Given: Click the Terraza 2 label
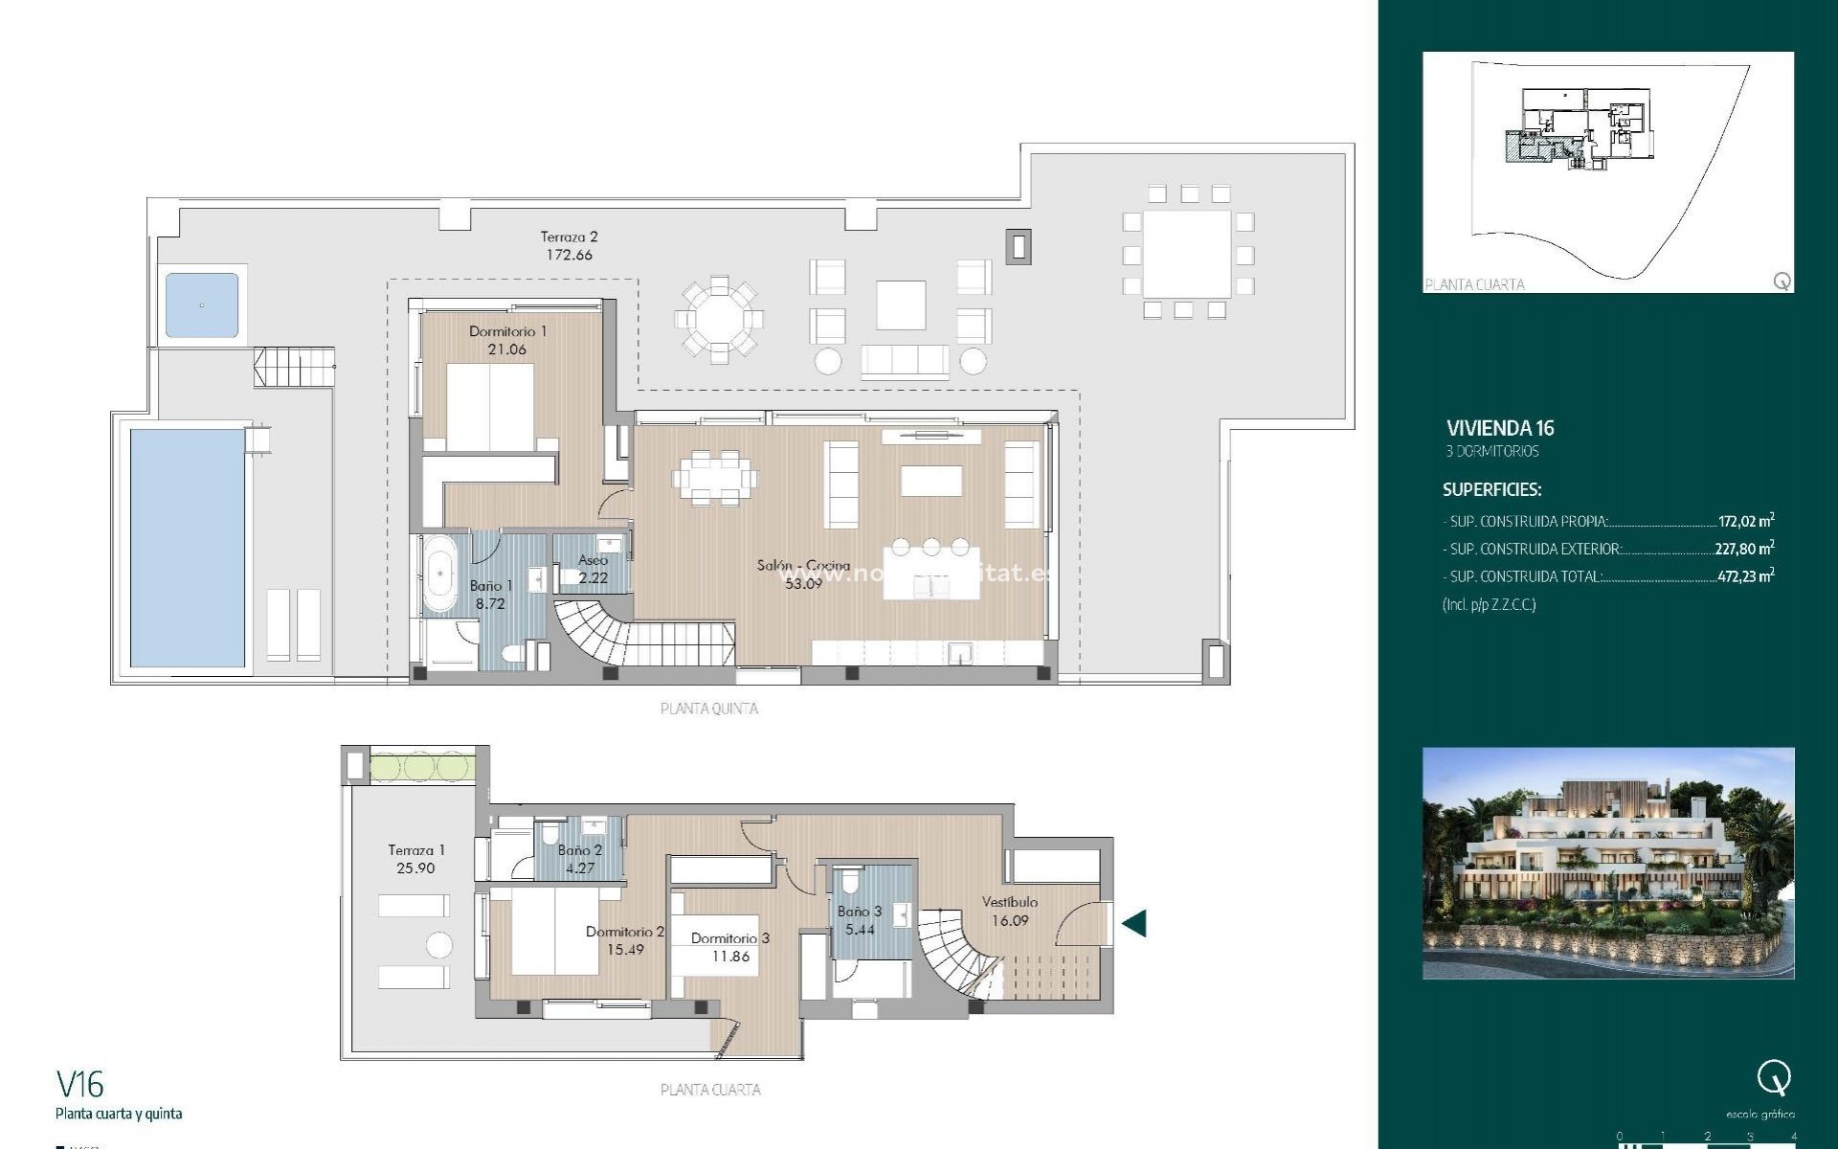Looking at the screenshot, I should click(x=569, y=245).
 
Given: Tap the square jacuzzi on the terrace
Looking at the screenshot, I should click(x=202, y=305).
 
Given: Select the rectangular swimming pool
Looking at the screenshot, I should click(x=188, y=548).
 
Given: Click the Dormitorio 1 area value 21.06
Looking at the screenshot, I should click(x=506, y=349).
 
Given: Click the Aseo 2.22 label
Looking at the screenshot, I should click(x=593, y=569).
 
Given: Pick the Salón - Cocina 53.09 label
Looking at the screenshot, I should click(x=802, y=574).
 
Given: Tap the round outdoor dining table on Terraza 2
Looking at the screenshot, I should click(x=719, y=320).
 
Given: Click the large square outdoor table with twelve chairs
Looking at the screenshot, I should click(x=1187, y=255).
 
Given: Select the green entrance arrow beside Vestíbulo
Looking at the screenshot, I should click(x=1133, y=923).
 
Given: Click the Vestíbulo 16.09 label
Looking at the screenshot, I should click(x=1010, y=911).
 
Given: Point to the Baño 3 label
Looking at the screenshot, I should click(x=859, y=912).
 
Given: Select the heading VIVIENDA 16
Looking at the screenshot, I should click(x=1500, y=428).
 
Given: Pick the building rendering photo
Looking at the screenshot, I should click(x=1608, y=863).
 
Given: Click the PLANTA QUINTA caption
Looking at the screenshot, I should click(x=709, y=709).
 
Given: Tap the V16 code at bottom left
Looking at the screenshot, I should click(x=80, y=1084).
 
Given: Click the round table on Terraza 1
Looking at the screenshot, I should click(x=438, y=945).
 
